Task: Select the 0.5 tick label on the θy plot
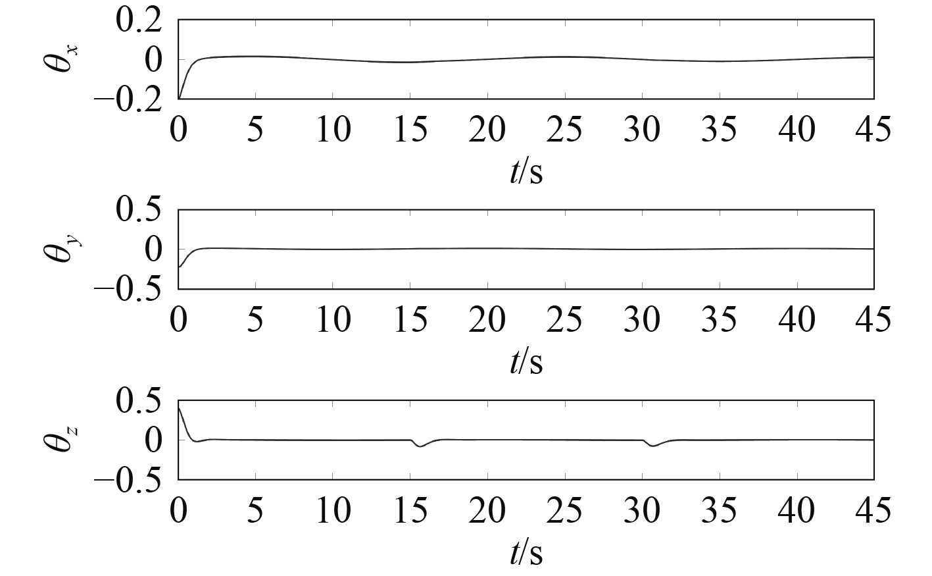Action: (x=138, y=210)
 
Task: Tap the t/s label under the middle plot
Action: (x=526, y=361)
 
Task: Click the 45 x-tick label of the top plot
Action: (x=873, y=129)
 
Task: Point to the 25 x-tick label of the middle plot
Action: (x=564, y=320)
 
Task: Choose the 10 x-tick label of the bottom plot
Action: (x=333, y=511)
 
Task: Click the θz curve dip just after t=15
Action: (x=420, y=446)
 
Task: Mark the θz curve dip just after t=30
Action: (x=652, y=446)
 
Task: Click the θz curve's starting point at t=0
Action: (x=179, y=407)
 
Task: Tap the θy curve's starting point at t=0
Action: (x=179, y=267)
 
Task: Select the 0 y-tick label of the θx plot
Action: (x=153, y=60)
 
